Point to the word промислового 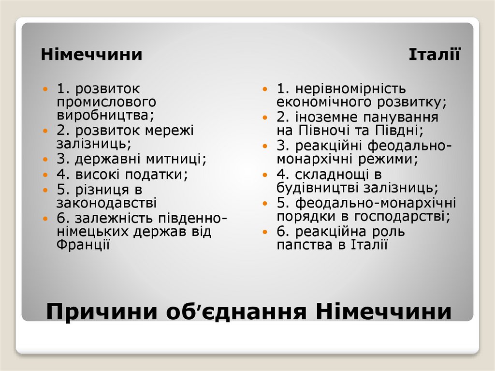click(106, 102)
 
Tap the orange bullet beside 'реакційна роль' click(265, 232)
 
